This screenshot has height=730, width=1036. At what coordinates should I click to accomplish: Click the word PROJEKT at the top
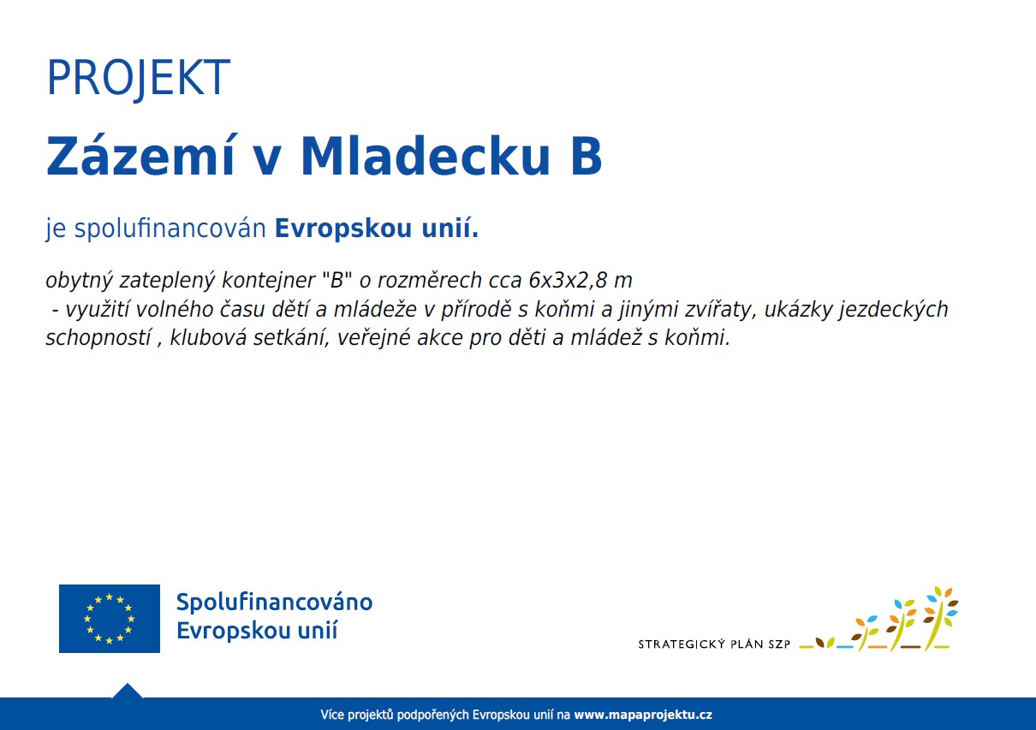(139, 78)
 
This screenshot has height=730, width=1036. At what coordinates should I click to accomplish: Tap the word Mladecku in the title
(426, 156)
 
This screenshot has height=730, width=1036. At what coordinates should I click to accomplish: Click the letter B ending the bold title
(586, 157)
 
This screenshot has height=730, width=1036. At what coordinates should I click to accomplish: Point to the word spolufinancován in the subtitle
(170, 228)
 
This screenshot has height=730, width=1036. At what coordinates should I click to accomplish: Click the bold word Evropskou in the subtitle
(343, 228)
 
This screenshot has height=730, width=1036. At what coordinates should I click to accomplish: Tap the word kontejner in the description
(269, 280)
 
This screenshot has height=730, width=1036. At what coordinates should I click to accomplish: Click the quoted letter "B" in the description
(337, 280)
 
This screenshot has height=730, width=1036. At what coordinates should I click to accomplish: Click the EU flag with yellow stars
(110, 619)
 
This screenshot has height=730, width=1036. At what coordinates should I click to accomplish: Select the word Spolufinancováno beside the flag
(274, 602)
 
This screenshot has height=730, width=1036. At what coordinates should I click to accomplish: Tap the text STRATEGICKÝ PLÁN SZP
(714, 644)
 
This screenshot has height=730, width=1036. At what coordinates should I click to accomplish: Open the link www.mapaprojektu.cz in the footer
(643, 715)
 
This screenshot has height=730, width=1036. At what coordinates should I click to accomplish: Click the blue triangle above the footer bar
(128, 691)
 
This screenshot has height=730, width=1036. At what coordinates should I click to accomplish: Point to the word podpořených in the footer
(433, 715)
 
